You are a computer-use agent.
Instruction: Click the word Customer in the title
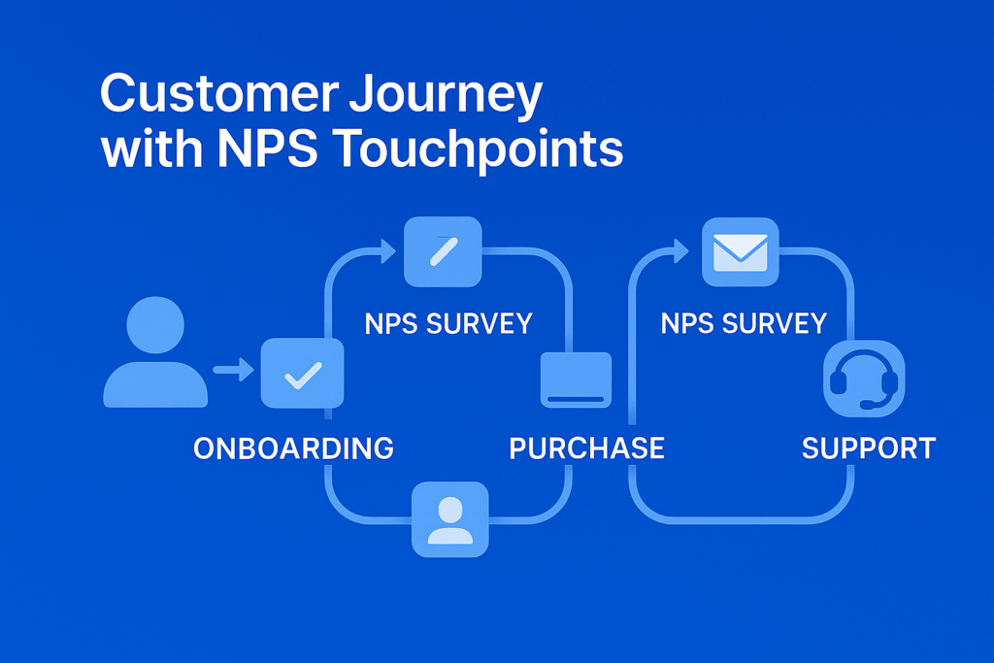[x=219, y=94]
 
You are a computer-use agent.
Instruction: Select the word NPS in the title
[x=267, y=149]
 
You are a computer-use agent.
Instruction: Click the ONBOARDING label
[x=293, y=448]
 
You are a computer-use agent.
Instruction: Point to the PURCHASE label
[x=586, y=448]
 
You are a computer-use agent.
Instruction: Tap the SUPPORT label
[x=869, y=448]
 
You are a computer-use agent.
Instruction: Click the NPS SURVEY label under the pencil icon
[x=448, y=324]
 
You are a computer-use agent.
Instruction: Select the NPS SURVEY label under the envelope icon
[x=744, y=324]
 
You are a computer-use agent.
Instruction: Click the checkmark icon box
[x=303, y=374]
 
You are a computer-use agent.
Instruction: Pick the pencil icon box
[x=443, y=251]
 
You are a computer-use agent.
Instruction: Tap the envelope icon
[x=741, y=252]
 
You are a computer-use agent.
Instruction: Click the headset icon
[x=864, y=379]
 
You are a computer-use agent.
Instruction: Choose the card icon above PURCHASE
[x=577, y=380]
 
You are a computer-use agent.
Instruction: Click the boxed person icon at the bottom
[x=450, y=519]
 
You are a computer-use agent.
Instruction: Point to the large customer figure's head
[x=155, y=325]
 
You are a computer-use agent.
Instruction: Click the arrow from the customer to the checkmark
[x=233, y=370]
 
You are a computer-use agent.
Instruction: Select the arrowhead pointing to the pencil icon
[x=388, y=251]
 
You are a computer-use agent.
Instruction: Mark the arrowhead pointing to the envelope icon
[x=680, y=251]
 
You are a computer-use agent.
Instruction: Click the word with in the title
[x=152, y=149]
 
